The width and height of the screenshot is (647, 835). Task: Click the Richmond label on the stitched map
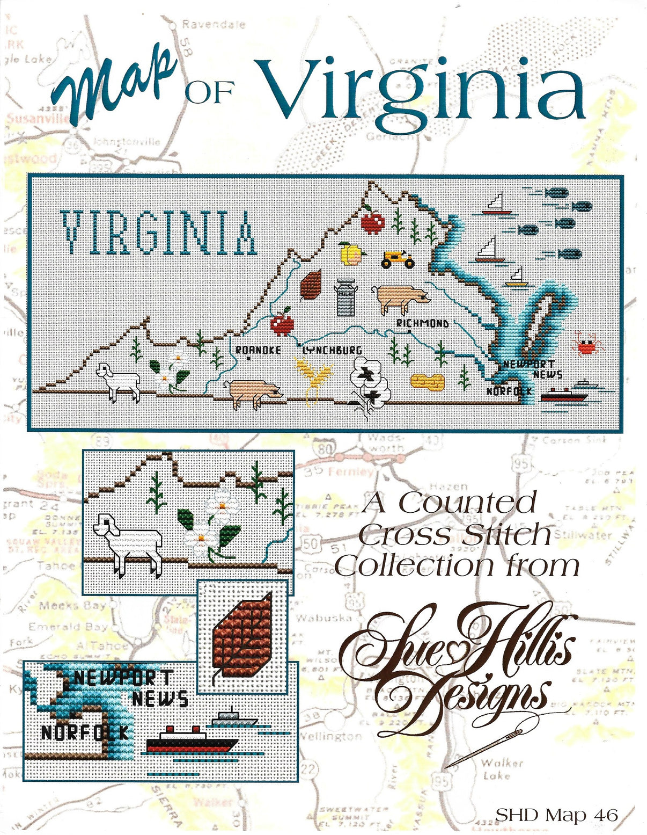(x=422, y=323)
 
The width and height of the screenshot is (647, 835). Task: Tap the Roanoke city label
(x=259, y=350)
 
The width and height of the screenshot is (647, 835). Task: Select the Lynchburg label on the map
(x=332, y=350)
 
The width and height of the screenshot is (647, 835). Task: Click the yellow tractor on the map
(x=398, y=259)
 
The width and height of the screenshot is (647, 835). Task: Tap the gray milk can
(x=344, y=297)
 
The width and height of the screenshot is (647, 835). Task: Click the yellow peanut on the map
(x=428, y=381)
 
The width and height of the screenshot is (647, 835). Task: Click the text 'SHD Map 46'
(x=556, y=815)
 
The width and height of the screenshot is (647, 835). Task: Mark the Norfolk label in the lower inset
(x=85, y=731)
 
